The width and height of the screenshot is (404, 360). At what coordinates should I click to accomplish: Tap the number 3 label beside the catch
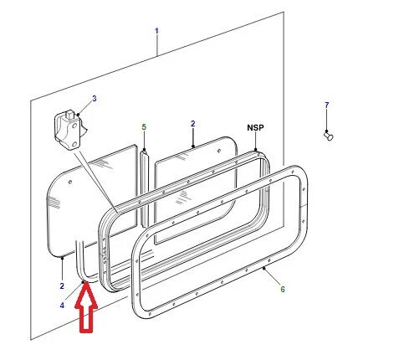pyautogui.click(x=94, y=99)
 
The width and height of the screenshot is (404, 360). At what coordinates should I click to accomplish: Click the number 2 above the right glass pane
pyautogui.click(x=193, y=124)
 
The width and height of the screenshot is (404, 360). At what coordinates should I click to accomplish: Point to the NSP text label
pyautogui.click(x=255, y=128)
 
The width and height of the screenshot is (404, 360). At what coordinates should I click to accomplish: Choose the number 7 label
pyautogui.click(x=327, y=105)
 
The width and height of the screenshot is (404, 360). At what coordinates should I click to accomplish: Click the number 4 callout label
pyautogui.click(x=62, y=306)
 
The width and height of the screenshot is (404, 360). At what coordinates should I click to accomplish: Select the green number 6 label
pyautogui.click(x=282, y=290)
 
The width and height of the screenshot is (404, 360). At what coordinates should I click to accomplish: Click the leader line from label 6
pyautogui.click(x=273, y=279)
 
